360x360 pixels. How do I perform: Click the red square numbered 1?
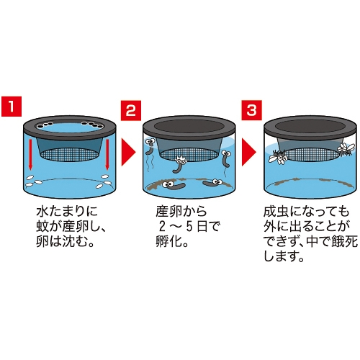tap(12, 107)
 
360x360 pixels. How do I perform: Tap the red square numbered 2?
tap(131, 111)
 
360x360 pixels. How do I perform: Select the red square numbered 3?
tap(251, 110)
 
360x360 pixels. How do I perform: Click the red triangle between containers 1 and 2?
tap(128, 152)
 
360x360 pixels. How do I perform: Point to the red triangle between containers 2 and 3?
tap(248, 152)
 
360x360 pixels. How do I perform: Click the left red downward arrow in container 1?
tap(30, 155)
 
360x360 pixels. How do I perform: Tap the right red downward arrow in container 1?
tap(107, 155)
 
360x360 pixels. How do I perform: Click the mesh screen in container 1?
tap(69, 154)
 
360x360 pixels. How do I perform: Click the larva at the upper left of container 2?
tap(150, 147)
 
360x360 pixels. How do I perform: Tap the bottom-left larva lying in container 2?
tap(174, 185)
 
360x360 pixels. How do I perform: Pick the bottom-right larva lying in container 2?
tap(213, 183)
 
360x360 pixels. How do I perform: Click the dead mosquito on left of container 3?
tap(279, 157)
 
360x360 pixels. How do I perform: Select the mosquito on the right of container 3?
tap(346, 149)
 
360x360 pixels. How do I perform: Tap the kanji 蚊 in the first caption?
tap(42, 227)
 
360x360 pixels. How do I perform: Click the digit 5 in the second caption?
tap(189, 227)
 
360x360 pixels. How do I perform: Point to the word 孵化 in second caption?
tap(168, 242)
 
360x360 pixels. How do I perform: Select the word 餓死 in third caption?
tap(345, 241)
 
